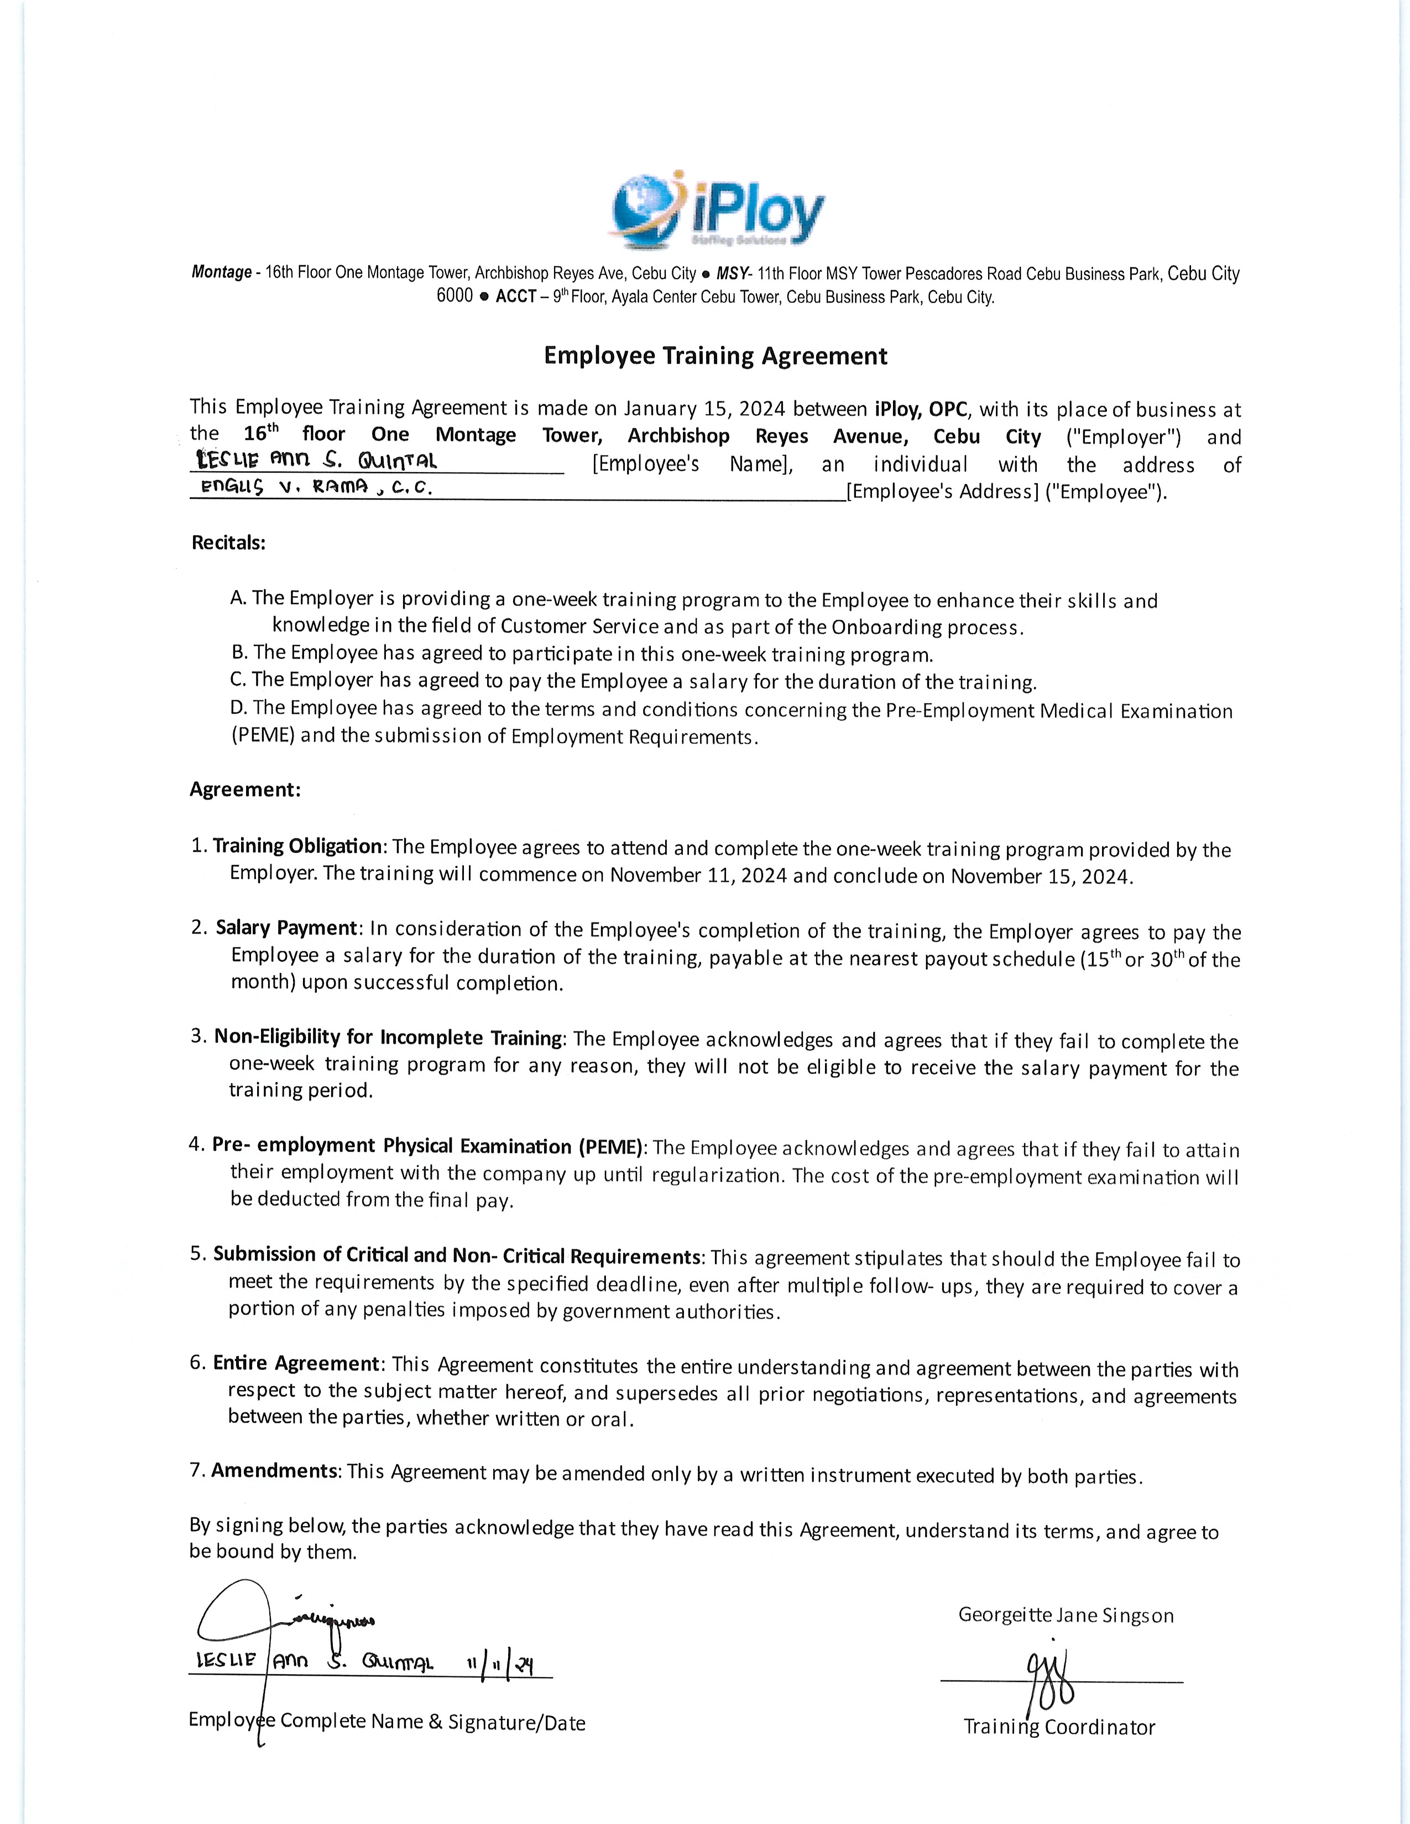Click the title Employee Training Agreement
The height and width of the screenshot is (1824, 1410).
(715, 356)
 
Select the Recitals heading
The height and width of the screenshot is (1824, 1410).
(229, 542)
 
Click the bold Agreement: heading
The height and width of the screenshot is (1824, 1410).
(245, 789)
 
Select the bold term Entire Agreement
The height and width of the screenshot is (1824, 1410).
(296, 1363)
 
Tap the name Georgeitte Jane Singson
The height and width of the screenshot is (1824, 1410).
(1066, 1615)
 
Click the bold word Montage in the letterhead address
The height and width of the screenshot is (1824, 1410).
(221, 272)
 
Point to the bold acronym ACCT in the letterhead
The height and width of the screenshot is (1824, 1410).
(515, 296)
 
